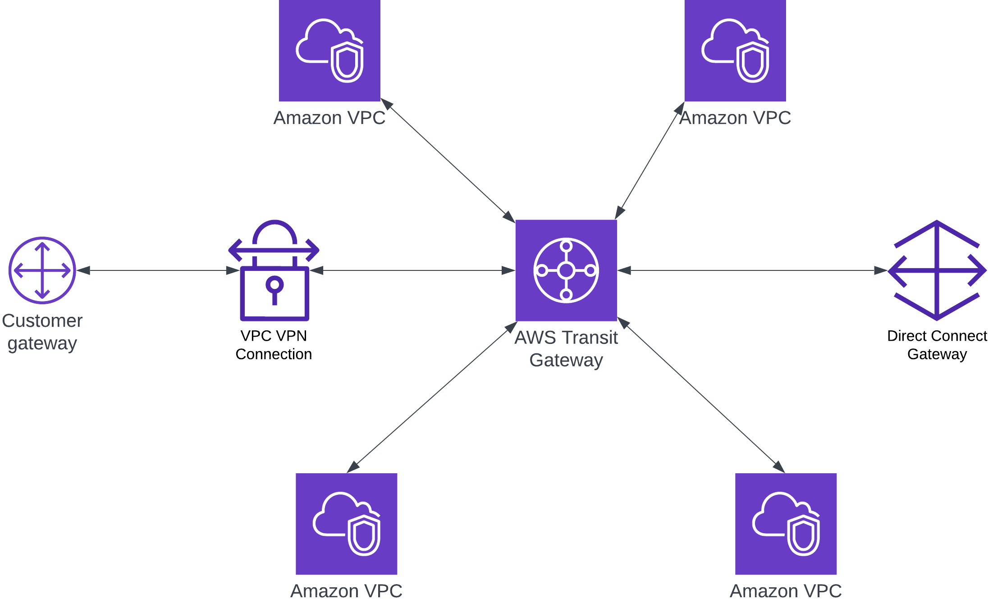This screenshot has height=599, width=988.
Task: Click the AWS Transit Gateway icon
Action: (566, 270)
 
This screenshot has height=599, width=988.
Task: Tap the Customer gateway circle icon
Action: (42, 270)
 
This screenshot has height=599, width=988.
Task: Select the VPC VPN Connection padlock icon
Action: (274, 270)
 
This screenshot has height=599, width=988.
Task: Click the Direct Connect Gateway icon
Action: (937, 270)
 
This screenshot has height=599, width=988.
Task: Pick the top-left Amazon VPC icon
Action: (329, 50)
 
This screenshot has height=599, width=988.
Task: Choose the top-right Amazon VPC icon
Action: (735, 50)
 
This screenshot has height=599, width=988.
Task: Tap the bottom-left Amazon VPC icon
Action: (346, 524)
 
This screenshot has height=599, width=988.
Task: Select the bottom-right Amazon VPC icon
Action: (786, 524)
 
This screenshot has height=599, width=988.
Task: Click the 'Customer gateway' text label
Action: (42, 332)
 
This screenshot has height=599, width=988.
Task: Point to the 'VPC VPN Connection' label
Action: (274, 345)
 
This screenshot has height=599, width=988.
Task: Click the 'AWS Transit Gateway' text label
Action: (566, 349)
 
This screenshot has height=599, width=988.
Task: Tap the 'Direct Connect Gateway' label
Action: (937, 345)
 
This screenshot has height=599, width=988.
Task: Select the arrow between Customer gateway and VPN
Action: (158, 270)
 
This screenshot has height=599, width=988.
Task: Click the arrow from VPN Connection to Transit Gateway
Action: (412, 270)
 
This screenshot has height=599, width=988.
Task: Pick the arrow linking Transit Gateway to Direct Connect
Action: (752, 270)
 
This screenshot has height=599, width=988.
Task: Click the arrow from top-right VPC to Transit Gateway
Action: (650, 160)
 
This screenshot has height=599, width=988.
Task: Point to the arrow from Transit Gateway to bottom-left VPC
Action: (432, 397)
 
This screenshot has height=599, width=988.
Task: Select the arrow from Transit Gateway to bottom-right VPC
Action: (701, 395)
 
